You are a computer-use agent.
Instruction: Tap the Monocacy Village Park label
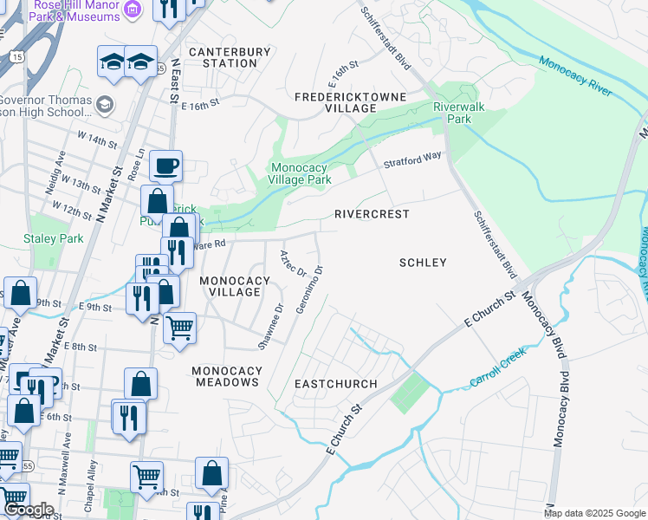301,173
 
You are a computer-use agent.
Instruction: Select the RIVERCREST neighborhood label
372,213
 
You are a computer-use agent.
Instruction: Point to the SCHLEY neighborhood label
423,263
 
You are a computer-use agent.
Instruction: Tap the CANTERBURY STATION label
224,58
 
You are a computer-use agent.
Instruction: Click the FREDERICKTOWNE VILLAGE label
336,102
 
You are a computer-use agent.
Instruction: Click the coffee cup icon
165,165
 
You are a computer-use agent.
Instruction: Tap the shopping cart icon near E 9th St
179,328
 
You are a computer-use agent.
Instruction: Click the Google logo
29,510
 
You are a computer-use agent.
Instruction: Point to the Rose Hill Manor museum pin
132,9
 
